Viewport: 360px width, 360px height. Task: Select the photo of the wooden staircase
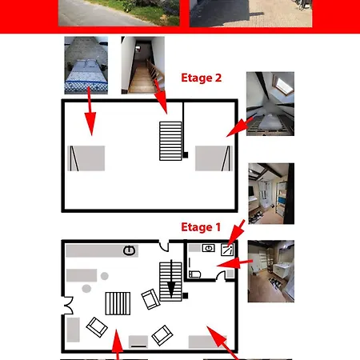[142, 64]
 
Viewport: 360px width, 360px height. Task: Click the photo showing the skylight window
[270, 103]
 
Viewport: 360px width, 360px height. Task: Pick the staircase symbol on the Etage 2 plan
[171, 141]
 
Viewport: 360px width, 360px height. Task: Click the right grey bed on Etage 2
[214, 158]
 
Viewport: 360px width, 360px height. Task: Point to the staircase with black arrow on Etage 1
[171, 282]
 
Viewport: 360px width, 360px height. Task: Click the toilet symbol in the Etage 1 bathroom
[195, 274]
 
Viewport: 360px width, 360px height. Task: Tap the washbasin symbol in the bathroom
[209, 249]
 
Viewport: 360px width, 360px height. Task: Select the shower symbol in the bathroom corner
[228, 248]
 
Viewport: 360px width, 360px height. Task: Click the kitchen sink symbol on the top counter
[130, 251]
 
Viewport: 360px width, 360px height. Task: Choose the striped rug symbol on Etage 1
[118, 305]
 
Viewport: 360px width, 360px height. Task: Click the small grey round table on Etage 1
[105, 277]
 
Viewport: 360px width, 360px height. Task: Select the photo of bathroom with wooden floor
[270, 271]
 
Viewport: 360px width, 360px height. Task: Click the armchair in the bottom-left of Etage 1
[97, 327]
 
